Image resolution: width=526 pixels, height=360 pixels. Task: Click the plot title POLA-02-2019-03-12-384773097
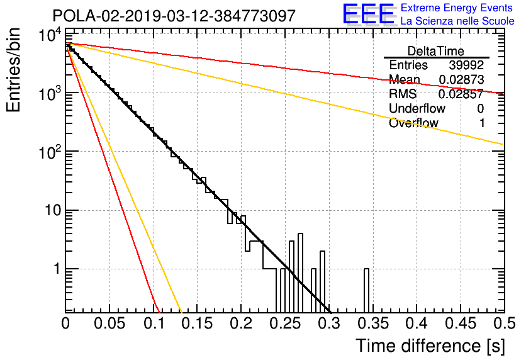pyautogui.click(x=174, y=16)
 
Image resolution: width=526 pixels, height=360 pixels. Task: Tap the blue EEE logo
pyautogui.click(x=369, y=14)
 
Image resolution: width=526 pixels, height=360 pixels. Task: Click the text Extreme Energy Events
pyautogui.click(x=457, y=8)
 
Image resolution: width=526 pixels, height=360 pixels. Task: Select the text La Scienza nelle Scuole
pyautogui.click(x=457, y=21)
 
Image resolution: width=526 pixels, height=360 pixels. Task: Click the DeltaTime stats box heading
pyautogui.click(x=436, y=51)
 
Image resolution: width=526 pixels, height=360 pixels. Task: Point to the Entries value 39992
pyautogui.click(x=466, y=65)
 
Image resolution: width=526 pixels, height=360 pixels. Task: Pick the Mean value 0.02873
pyautogui.click(x=462, y=79)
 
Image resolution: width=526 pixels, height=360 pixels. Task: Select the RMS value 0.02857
pyautogui.click(x=461, y=94)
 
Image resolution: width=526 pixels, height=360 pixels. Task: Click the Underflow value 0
pyautogui.click(x=480, y=108)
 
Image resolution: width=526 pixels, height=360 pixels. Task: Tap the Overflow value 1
pyautogui.click(x=482, y=123)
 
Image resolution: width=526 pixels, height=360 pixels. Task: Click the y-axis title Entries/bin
pyautogui.click(x=13, y=70)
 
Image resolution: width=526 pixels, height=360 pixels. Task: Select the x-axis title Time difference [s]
pyautogui.click(x=430, y=346)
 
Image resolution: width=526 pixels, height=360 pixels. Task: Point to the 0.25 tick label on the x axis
pyautogui.click(x=286, y=323)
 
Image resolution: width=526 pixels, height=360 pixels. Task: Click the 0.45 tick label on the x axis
pyautogui.click(x=461, y=323)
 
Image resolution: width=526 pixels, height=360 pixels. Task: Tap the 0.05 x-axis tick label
pyautogui.click(x=109, y=323)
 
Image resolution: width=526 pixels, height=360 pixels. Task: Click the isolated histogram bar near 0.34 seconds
pyautogui.click(x=366, y=291)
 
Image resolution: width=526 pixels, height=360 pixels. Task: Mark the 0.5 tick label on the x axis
pyautogui.click(x=505, y=323)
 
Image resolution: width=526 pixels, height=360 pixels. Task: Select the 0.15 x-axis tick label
pyautogui.click(x=198, y=323)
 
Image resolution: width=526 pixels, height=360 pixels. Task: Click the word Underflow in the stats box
pyautogui.click(x=417, y=108)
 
